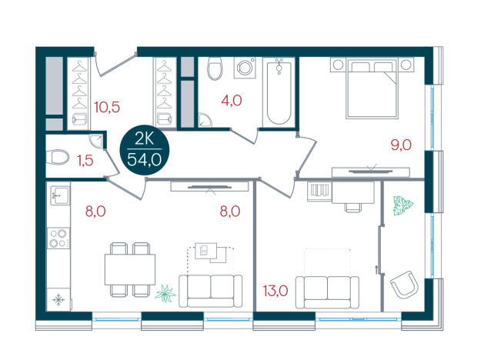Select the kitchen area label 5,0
click(x=95, y=208)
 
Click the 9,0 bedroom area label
click(x=401, y=144)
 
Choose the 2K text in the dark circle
click(x=145, y=138)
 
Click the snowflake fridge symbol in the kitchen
click(x=58, y=298)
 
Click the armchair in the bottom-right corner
click(x=406, y=287)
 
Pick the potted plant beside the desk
click(x=402, y=205)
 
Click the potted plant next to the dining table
click(x=165, y=293)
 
